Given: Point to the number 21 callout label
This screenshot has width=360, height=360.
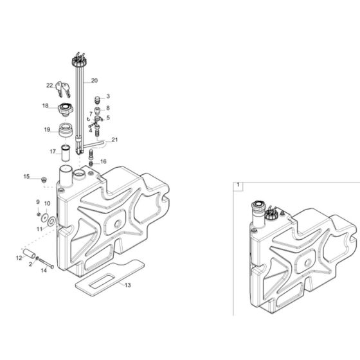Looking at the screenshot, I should point(115,139).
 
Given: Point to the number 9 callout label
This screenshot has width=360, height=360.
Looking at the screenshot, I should point(39,203).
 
